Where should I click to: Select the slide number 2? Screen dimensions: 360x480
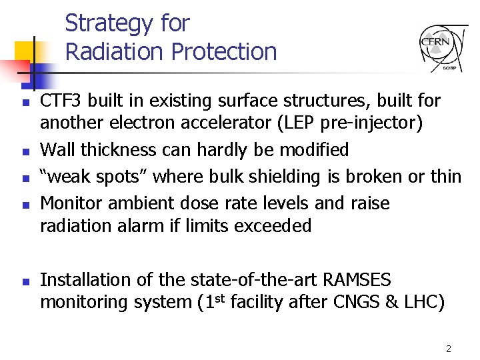click(x=449, y=349)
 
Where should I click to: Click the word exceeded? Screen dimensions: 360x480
click(x=273, y=226)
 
